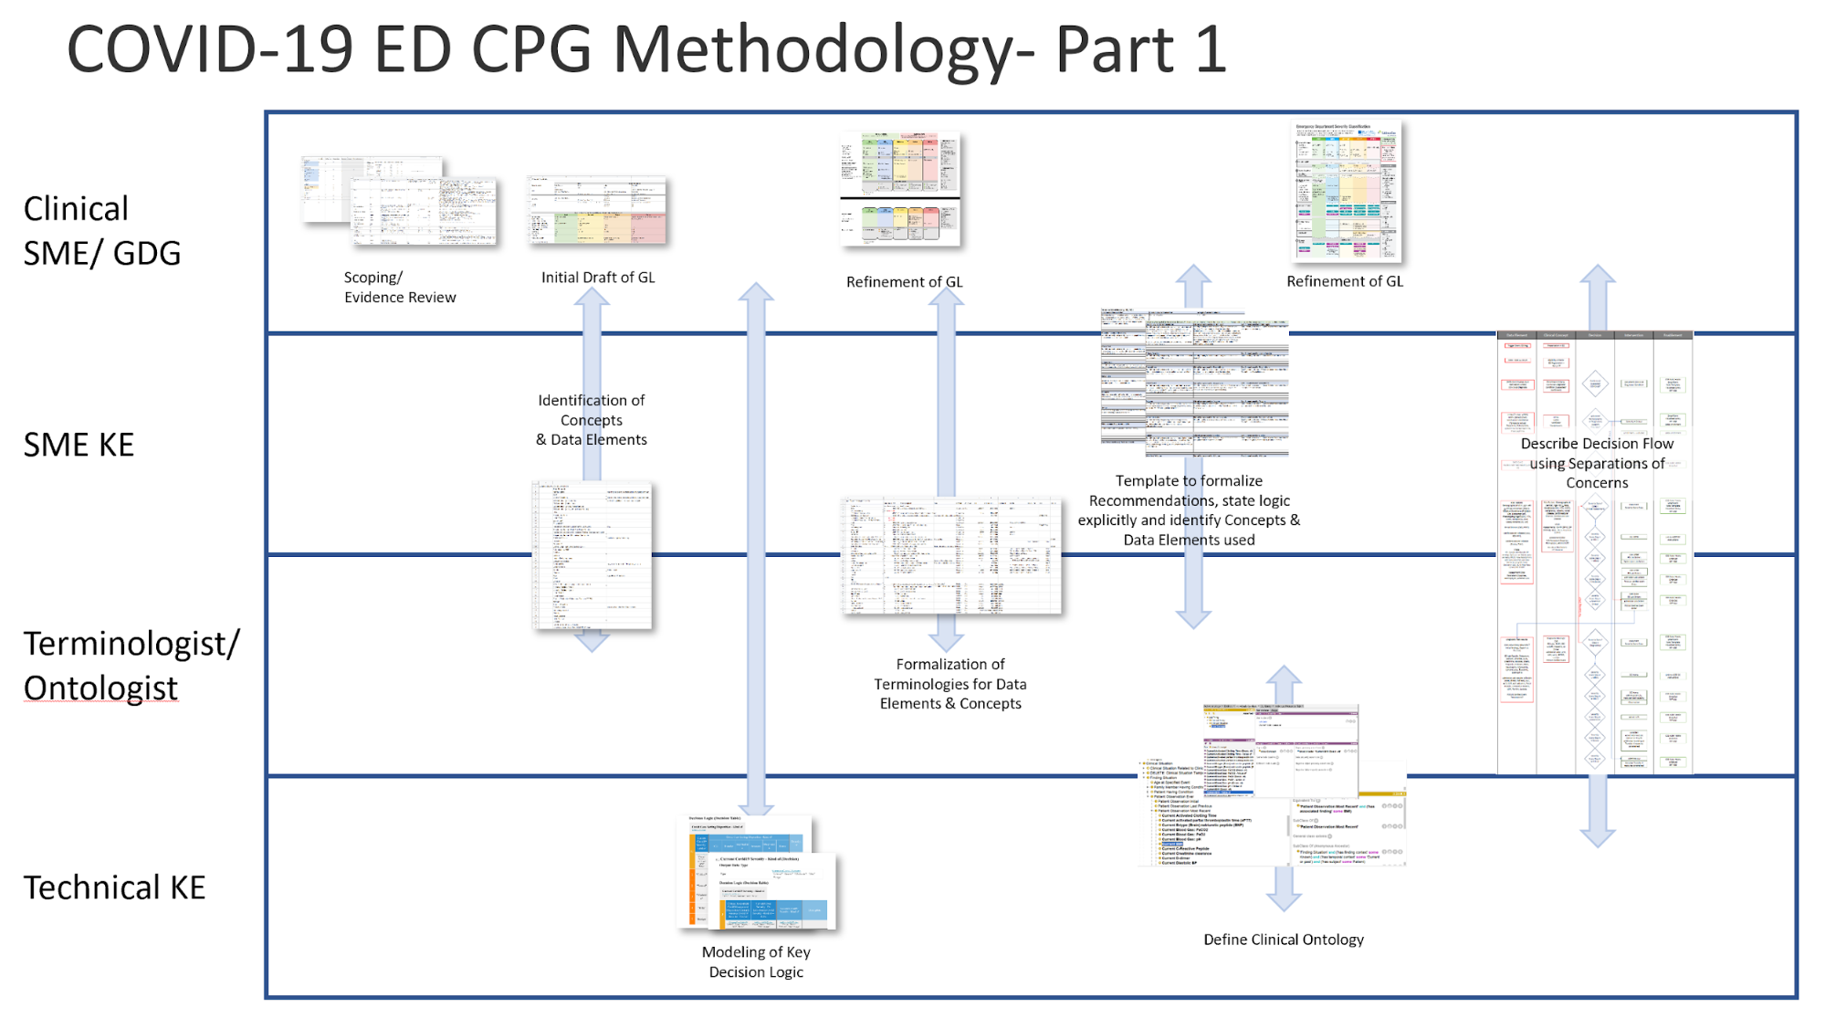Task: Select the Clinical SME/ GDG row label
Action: pos(101,231)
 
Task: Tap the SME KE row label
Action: pos(79,446)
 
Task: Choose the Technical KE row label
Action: pos(114,888)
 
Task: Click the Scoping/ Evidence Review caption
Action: pos(399,288)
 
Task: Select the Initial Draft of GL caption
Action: pos(598,278)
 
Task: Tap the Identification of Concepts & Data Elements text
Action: pos(592,420)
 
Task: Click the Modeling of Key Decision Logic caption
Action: pos(756,961)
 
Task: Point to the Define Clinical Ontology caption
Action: pos(1283,940)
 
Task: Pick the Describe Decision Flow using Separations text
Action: pos(1597,463)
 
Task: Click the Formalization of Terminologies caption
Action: pos(949,684)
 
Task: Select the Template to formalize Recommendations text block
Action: pos(1189,510)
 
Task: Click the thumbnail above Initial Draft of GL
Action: pos(598,211)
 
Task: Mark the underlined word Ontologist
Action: pos(100,688)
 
